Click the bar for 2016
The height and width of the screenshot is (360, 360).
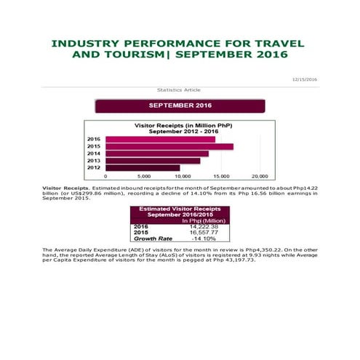tap(160, 140)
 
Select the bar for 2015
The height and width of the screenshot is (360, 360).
tap(169, 147)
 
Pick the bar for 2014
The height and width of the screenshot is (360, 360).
tap(157, 153)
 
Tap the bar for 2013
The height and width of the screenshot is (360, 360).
tap(153, 161)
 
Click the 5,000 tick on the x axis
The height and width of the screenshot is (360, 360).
tap(144, 177)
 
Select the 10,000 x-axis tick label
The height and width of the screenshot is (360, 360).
tap(182, 177)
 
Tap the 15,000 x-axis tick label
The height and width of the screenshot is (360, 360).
tap(220, 177)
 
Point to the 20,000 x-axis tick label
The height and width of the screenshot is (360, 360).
tap(259, 177)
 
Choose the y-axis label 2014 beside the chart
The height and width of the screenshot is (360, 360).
tap(94, 153)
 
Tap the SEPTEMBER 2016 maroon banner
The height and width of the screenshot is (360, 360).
tap(180, 106)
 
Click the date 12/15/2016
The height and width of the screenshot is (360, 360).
tap(304, 79)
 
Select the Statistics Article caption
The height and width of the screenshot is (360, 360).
tap(179, 89)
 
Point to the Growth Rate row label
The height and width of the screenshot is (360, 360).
tap(153, 238)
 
